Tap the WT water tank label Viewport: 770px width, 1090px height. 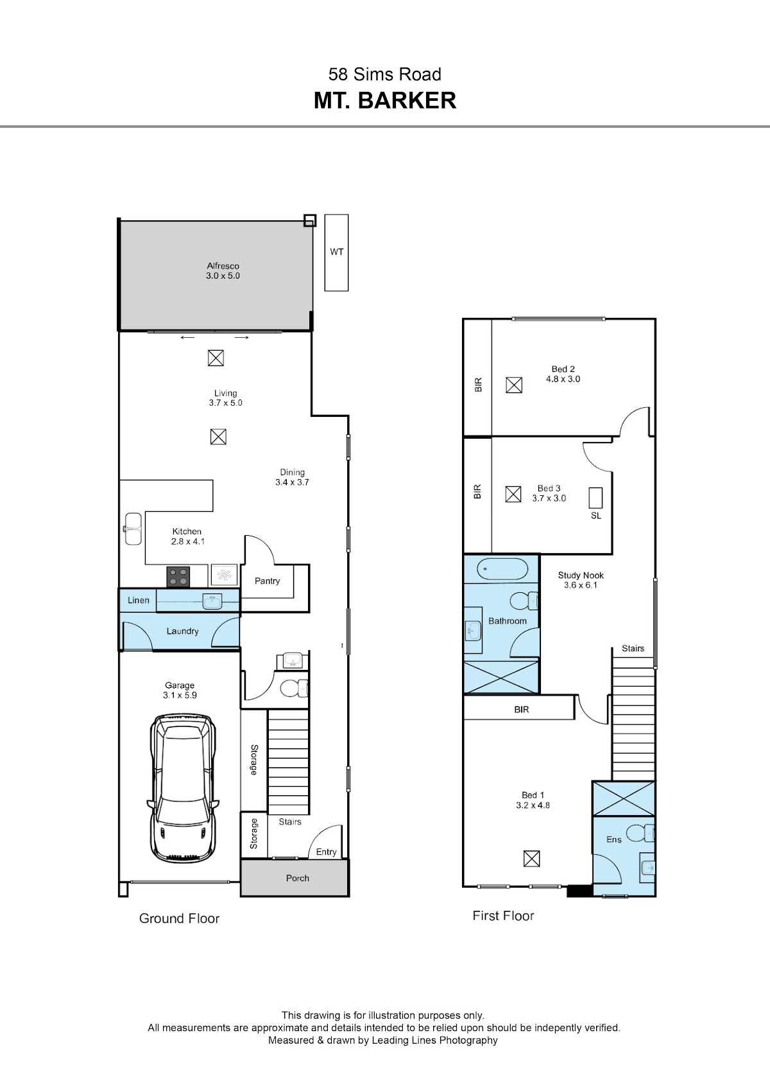(336, 252)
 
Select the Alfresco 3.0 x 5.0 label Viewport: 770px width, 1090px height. (223, 270)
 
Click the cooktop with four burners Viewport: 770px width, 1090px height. (178, 577)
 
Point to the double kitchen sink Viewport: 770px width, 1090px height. (133, 529)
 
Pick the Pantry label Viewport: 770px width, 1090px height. (267, 581)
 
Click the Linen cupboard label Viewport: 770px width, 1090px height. (139, 600)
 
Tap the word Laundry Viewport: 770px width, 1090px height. (182, 631)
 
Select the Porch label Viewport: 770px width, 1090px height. (297, 878)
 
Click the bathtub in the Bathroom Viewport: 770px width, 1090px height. (502, 568)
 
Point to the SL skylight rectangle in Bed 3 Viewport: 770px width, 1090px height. (595, 498)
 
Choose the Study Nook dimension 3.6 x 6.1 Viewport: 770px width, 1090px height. (581, 585)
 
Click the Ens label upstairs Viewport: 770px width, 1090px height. (614, 839)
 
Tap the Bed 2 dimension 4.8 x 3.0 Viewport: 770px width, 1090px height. (563, 379)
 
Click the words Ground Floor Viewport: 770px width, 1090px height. (180, 919)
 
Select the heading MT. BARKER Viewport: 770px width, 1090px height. (385, 101)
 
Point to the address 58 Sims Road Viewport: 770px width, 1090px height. (385, 75)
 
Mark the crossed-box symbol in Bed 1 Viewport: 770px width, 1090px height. (531, 859)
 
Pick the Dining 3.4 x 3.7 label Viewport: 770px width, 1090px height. (292, 477)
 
